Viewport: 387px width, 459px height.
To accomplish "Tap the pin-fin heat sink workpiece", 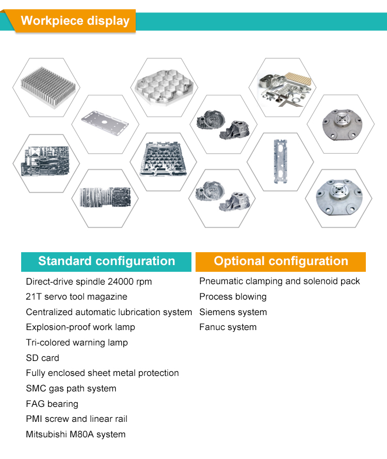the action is (x=48, y=88).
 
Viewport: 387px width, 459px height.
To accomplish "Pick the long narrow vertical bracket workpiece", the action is (x=280, y=161).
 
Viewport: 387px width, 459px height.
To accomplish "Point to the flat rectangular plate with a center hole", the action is (x=105, y=122).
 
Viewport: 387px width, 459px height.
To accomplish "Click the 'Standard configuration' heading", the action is (x=106, y=261).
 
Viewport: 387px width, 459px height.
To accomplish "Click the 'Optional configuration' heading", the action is (x=281, y=261).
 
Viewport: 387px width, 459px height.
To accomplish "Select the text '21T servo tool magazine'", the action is (x=76, y=297).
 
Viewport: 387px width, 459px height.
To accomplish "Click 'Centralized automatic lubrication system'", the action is (x=109, y=312).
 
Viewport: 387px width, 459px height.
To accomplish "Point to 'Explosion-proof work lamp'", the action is (x=80, y=327).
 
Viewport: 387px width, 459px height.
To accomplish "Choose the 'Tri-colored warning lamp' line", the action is (x=77, y=342).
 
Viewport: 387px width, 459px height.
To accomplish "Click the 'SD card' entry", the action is (x=42, y=358).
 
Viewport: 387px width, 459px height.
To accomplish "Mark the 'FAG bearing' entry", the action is (x=52, y=404).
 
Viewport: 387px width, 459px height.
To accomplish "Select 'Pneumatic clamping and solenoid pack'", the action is (x=280, y=281).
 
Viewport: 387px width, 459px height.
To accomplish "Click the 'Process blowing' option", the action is (x=233, y=297).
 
